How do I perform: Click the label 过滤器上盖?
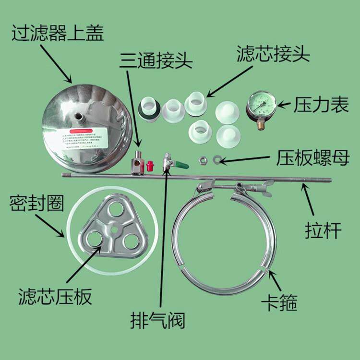[x=58, y=33]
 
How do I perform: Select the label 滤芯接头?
[x=274, y=54]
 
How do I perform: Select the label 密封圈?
[x=36, y=205]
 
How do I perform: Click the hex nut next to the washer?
[x=204, y=159]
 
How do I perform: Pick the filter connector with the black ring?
[x=148, y=109]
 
